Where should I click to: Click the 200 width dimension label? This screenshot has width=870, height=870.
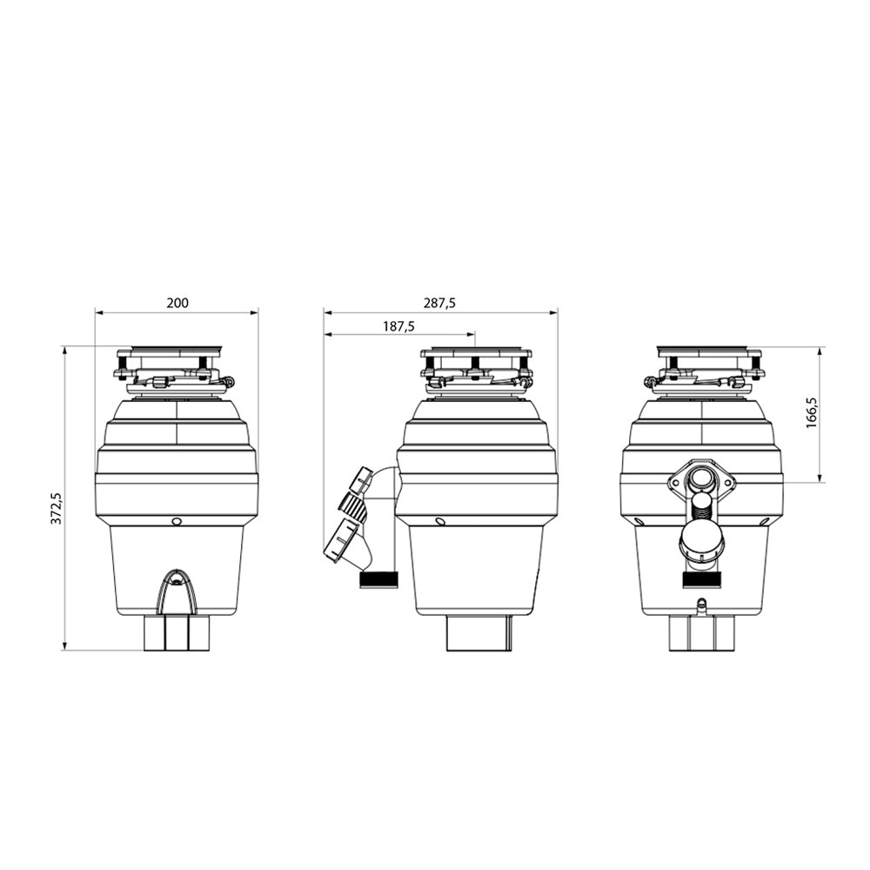click(177, 303)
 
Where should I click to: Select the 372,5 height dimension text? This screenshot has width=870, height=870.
click(57, 508)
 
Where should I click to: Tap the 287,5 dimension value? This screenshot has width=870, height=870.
click(440, 303)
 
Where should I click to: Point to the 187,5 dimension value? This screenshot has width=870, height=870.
click(398, 326)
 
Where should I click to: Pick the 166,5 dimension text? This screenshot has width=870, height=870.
click(813, 412)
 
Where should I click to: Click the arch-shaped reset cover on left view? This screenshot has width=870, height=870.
click(177, 591)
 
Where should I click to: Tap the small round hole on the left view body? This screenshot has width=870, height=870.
click(177, 521)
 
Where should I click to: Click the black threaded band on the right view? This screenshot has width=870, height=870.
click(701, 579)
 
